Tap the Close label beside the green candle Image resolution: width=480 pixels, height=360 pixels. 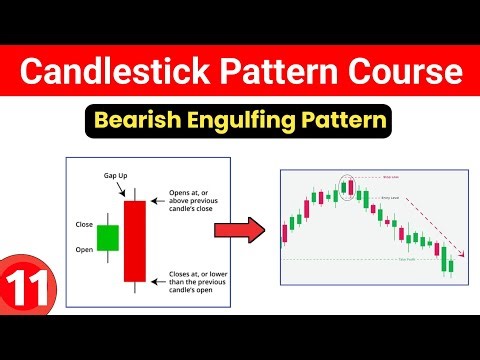click(84, 224)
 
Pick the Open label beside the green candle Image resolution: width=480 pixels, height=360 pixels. click(84, 249)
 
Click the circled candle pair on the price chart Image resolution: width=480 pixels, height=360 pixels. click(347, 187)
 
